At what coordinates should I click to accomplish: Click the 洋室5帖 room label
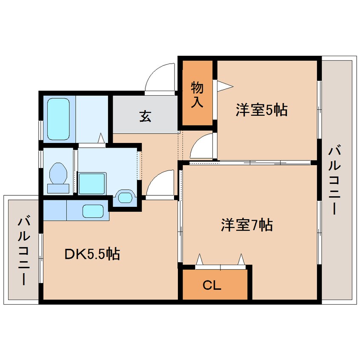[x=261, y=110]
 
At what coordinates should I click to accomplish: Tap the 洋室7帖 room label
[x=246, y=224]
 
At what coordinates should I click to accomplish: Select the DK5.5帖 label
[x=92, y=254]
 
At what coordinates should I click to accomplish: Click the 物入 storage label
[x=197, y=94]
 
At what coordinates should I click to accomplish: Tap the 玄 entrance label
[x=145, y=116]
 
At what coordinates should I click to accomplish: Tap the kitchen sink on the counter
[x=92, y=211]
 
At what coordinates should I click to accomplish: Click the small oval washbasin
[x=125, y=197]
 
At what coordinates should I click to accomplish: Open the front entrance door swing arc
[x=160, y=77]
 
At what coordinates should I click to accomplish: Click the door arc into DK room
[x=161, y=184]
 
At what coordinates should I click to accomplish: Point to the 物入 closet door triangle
[x=225, y=86]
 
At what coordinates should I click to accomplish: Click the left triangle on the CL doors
[x=199, y=260]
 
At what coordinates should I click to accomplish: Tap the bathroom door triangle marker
[x=101, y=138]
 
